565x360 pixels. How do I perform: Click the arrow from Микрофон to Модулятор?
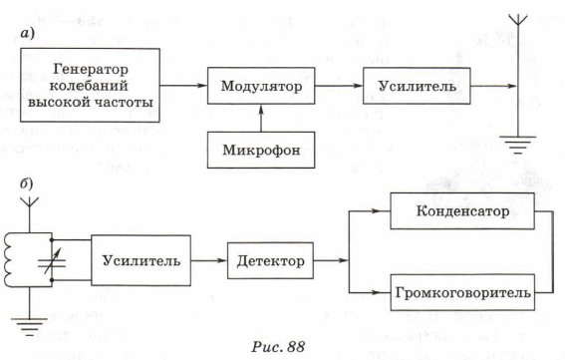tap(261, 118)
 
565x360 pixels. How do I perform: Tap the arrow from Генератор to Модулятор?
tap(183, 86)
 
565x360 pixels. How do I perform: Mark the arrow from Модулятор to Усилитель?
tap(339, 86)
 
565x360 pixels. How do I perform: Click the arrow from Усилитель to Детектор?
tap(209, 260)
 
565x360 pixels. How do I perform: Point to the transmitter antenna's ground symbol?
tap(518, 145)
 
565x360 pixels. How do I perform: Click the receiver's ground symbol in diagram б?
tap(29, 327)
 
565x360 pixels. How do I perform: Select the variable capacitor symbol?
tap(52, 260)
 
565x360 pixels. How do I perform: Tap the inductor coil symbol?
tap(9, 260)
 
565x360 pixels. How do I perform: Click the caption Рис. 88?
tap(278, 347)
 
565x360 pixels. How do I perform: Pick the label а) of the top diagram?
tap(27, 34)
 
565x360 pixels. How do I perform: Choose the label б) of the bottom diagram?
tap(26, 183)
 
